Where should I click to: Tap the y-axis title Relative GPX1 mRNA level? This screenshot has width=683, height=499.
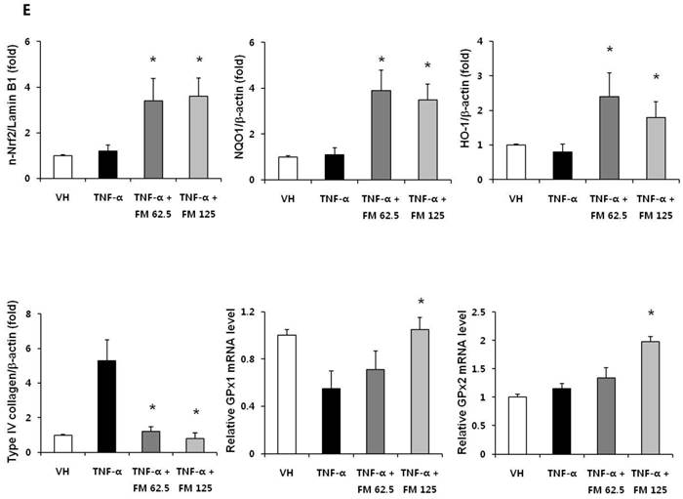(x=240, y=380)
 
